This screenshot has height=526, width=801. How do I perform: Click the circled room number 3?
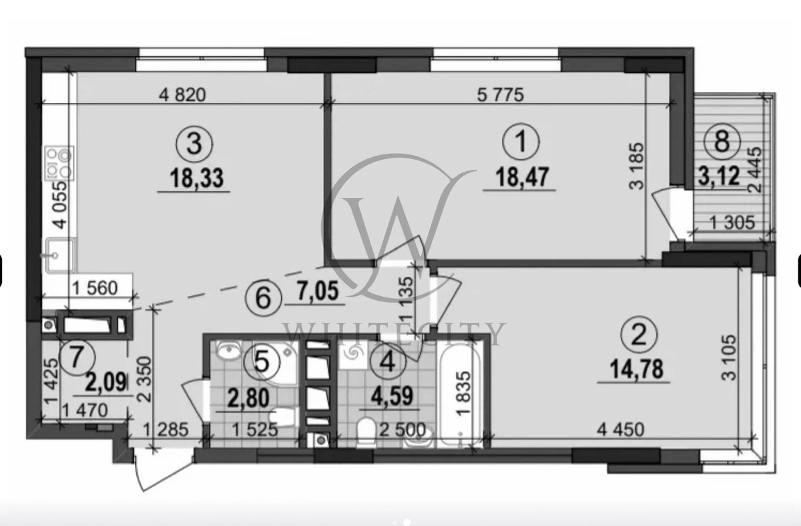click(x=194, y=144)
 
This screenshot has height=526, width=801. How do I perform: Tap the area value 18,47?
click(x=522, y=177)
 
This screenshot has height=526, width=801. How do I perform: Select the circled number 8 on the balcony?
click(x=722, y=141)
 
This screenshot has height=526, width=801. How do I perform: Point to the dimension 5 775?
click(x=501, y=95)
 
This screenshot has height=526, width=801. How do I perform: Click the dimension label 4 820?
click(x=182, y=95)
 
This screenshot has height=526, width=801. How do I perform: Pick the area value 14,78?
click(x=636, y=369)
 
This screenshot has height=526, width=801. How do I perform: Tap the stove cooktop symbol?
click(x=59, y=163)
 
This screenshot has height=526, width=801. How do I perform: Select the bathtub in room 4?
click(x=459, y=393)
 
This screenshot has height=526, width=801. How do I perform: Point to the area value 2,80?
click(x=248, y=398)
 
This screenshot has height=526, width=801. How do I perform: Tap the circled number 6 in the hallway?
click(x=263, y=299)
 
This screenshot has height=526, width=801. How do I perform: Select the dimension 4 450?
click(x=621, y=429)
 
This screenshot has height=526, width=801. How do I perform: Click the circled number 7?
click(x=77, y=358)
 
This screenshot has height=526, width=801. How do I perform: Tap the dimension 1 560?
click(x=95, y=288)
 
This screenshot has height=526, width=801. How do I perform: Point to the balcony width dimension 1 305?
click(x=732, y=223)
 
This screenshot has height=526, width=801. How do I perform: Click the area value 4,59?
click(x=392, y=396)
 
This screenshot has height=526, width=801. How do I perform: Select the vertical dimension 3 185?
click(x=636, y=166)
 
